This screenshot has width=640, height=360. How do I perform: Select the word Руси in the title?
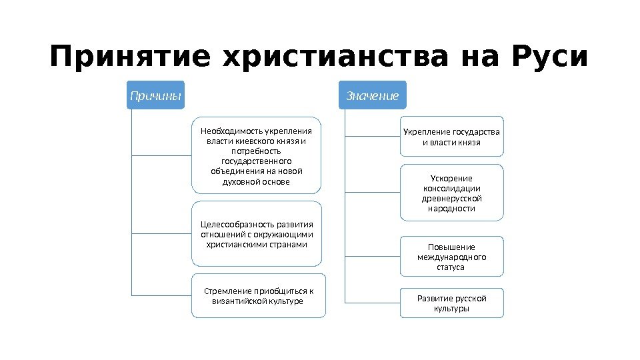click(550, 57)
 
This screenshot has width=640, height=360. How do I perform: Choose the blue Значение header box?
click(373, 96)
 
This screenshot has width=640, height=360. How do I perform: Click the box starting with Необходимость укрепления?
click(257, 156)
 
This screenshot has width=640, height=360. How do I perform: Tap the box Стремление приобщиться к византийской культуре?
click(258, 295)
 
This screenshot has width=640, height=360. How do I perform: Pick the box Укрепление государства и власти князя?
click(451, 137)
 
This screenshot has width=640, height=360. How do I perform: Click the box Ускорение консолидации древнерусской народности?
click(451, 193)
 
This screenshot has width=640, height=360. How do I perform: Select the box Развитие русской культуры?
click(451, 303)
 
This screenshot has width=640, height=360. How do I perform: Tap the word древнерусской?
click(451, 198)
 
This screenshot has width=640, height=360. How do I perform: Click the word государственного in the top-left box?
click(257, 161)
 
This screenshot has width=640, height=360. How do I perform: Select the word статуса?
click(451, 267)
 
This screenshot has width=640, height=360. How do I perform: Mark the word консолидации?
click(451, 188)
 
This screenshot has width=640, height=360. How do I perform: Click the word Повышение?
click(451, 247)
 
